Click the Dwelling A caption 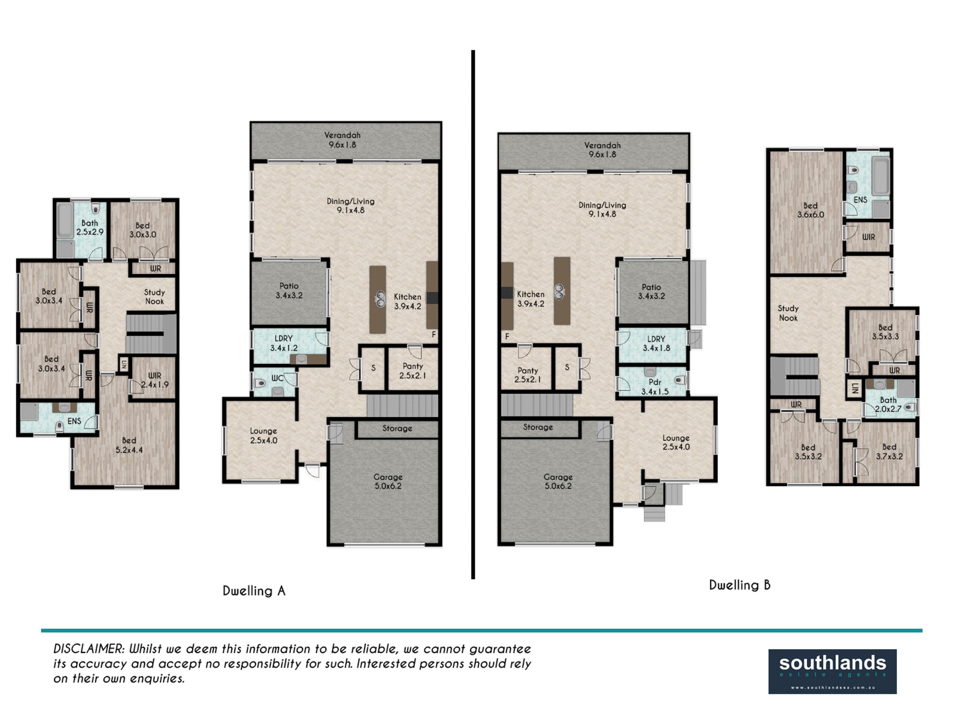(254, 591)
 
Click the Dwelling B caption (740, 585)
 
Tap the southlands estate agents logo (832, 671)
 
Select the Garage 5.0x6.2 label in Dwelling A (388, 481)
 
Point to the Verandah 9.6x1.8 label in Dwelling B (602, 150)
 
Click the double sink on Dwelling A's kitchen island (380, 298)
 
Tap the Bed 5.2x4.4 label (129, 445)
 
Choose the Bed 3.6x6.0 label (811, 210)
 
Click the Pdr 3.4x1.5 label (655, 387)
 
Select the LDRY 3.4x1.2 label (284, 343)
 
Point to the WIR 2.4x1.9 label (154, 380)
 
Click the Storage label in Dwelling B (538, 427)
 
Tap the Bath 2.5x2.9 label (90, 227)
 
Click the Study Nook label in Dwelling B (788, 314)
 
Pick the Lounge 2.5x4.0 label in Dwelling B (676, 443)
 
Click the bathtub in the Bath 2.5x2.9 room (65, 220)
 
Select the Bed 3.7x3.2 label (890, 452)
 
